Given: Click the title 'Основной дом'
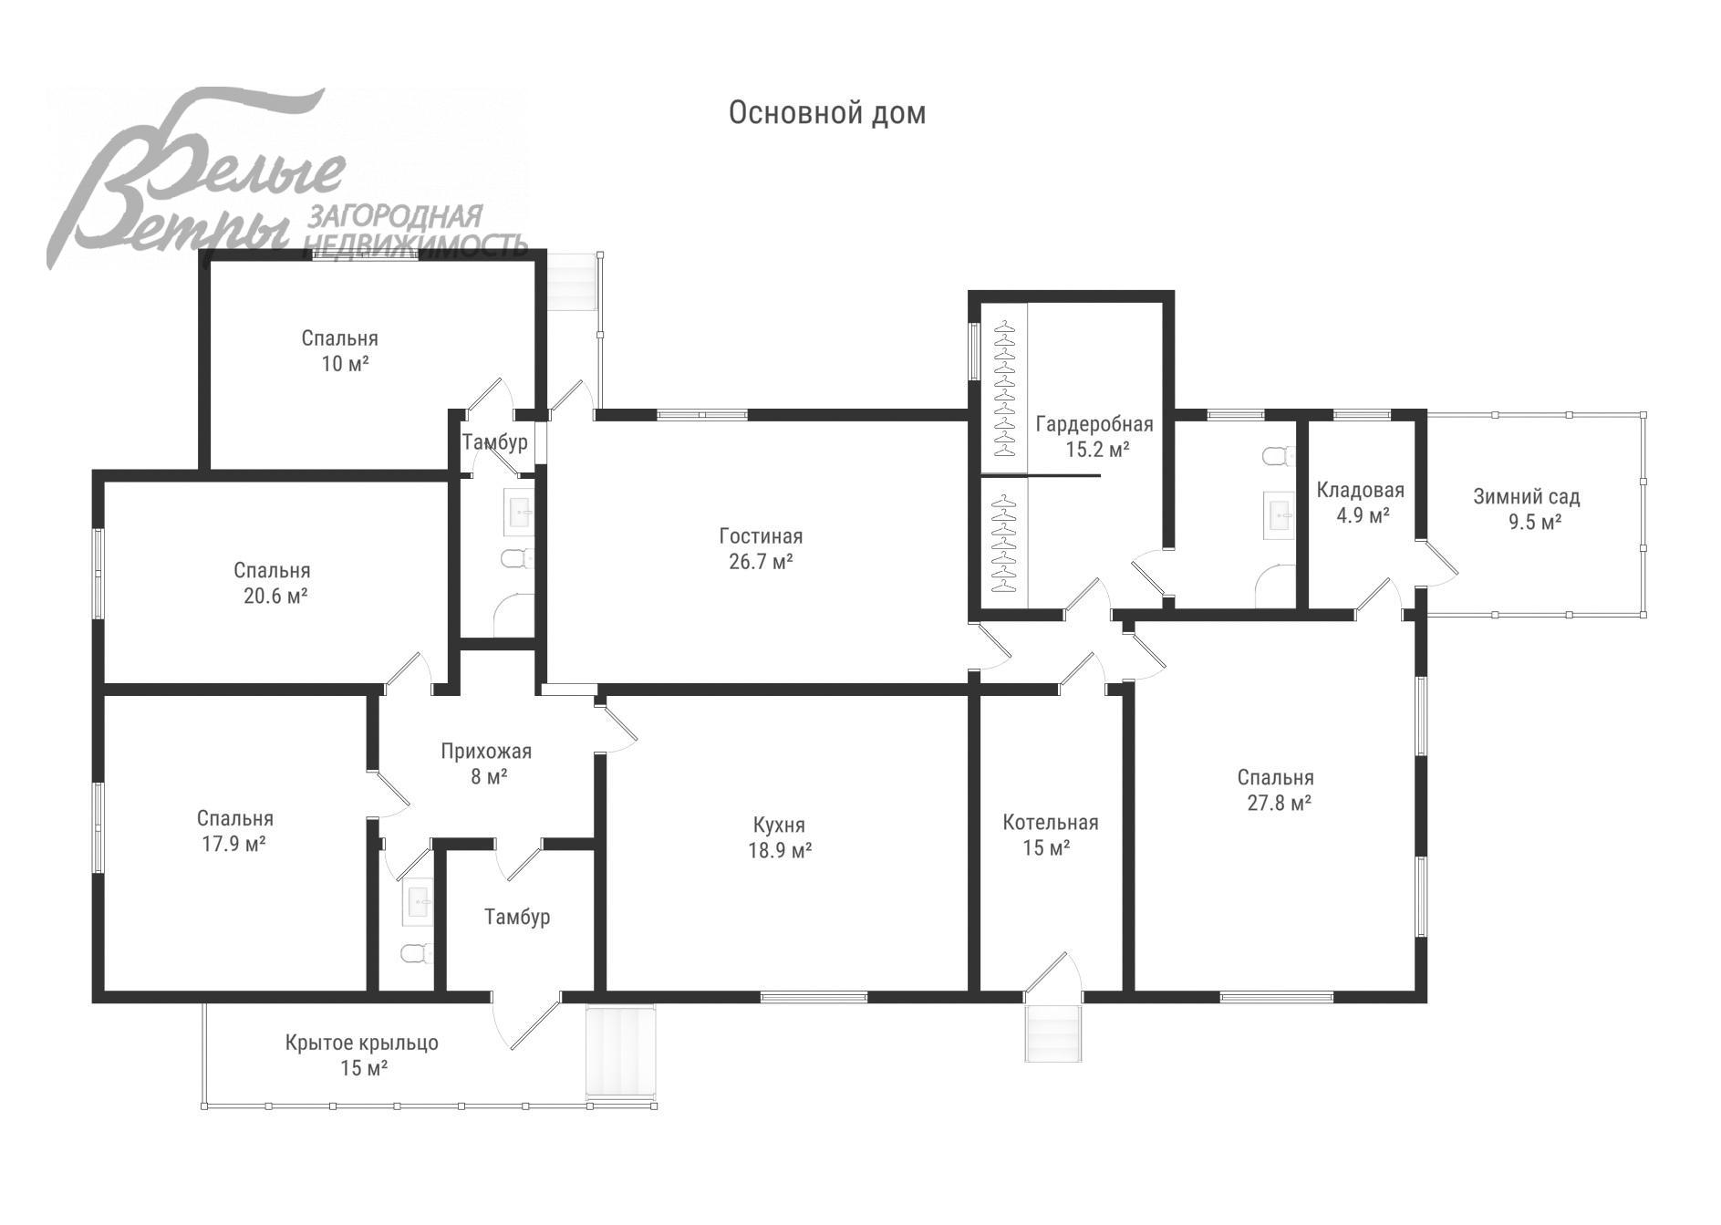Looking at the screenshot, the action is [x=827, y=113].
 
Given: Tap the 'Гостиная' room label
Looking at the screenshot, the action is [x=761, y=536].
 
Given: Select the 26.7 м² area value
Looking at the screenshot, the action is [x=761, y=562].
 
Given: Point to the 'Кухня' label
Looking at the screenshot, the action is [x=779, y=825].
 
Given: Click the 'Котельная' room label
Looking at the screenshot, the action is [x=1050, y=823].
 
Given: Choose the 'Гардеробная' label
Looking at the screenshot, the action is [x=1094, y=424].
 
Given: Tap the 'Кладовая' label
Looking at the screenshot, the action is [x=1360, y=491].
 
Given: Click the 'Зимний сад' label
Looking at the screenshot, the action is [x=1526, y=497].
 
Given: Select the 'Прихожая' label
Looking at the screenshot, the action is [x=485, y=752].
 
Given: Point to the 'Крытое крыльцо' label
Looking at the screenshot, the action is [x=361, y=1043].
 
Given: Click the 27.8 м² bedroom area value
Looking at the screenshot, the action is [x=1279, y=804].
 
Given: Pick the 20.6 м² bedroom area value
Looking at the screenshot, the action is [x=270, y=597].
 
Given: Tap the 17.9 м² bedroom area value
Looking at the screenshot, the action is [x=233, y=844].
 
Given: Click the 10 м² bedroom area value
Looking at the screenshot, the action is [x=344, y=364].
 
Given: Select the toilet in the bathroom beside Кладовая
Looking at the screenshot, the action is [x=1279, y=455].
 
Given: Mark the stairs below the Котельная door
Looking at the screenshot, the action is [x=1053, y=1033].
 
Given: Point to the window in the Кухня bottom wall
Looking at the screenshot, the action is [x=814, y=997].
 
